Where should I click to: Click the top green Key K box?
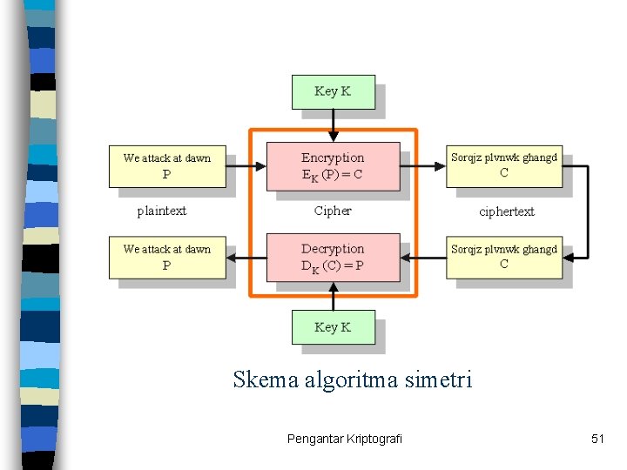[333, 91]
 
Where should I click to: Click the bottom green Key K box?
[333, 327]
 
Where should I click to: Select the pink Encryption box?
[333, 165]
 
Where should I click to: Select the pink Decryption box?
[333, 257]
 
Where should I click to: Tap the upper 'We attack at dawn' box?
[167, 165]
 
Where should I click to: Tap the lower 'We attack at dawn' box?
[167, 257]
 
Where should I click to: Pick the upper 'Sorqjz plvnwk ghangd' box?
[504, 165]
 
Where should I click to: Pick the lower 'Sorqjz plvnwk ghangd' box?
[504, 257]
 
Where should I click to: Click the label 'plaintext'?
[162, 211]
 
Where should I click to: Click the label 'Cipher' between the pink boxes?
[333, 211]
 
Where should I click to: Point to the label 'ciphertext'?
[507, 211]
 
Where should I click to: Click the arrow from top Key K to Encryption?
[333, 125]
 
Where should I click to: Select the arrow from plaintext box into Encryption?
[246, 165]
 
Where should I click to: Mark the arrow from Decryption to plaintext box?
[246, 257]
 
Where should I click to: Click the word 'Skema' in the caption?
[265, 379]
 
